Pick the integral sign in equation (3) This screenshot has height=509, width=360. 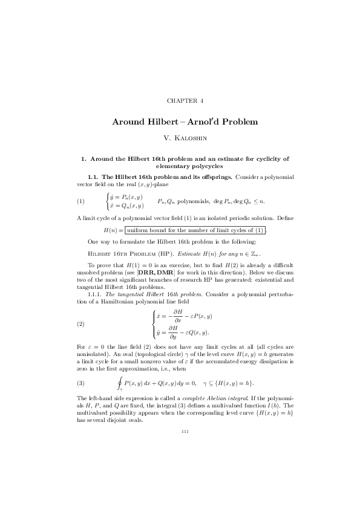120,384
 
